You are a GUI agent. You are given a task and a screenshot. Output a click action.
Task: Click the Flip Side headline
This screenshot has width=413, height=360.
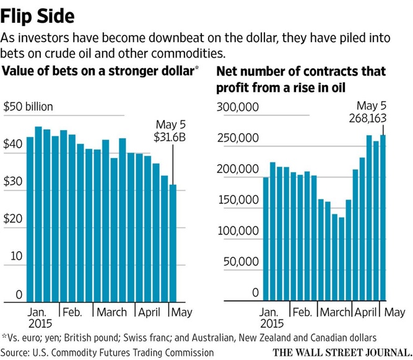(x=43, y=14)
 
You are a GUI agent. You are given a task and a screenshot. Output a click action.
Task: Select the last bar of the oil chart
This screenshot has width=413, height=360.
(x=384, y=217)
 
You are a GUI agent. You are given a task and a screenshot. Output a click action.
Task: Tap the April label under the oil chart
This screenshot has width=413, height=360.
(x=367, y=312)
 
